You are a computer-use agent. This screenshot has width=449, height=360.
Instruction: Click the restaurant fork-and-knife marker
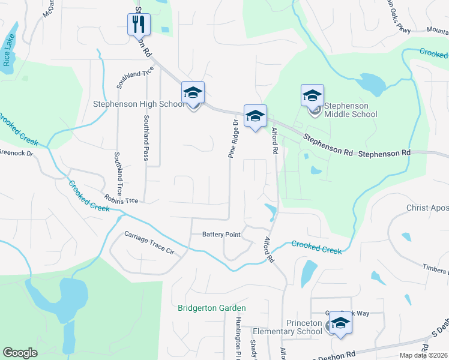tap(139, 24)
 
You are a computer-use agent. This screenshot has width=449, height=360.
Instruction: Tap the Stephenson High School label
tap(139, 104)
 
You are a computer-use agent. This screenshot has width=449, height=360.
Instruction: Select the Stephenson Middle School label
tap(351, 110)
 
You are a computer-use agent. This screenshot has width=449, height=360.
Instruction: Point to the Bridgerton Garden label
tap(212, 308)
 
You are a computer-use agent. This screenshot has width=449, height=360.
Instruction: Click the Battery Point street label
tap(221, 235)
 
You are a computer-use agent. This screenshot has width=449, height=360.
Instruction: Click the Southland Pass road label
tap(146, 138)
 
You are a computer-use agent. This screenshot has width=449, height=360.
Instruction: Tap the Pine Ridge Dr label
tap(234, 138)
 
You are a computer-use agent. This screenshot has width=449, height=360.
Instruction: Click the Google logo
tap(20, 353)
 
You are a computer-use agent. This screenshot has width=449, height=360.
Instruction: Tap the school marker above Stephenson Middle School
tap(312, 95)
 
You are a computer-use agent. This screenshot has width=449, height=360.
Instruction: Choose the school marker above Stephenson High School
tap(193, 92)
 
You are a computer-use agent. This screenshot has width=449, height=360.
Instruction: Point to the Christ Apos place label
tap(427, 208)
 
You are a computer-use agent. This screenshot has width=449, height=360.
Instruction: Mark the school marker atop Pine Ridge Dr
tap(255, 116)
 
